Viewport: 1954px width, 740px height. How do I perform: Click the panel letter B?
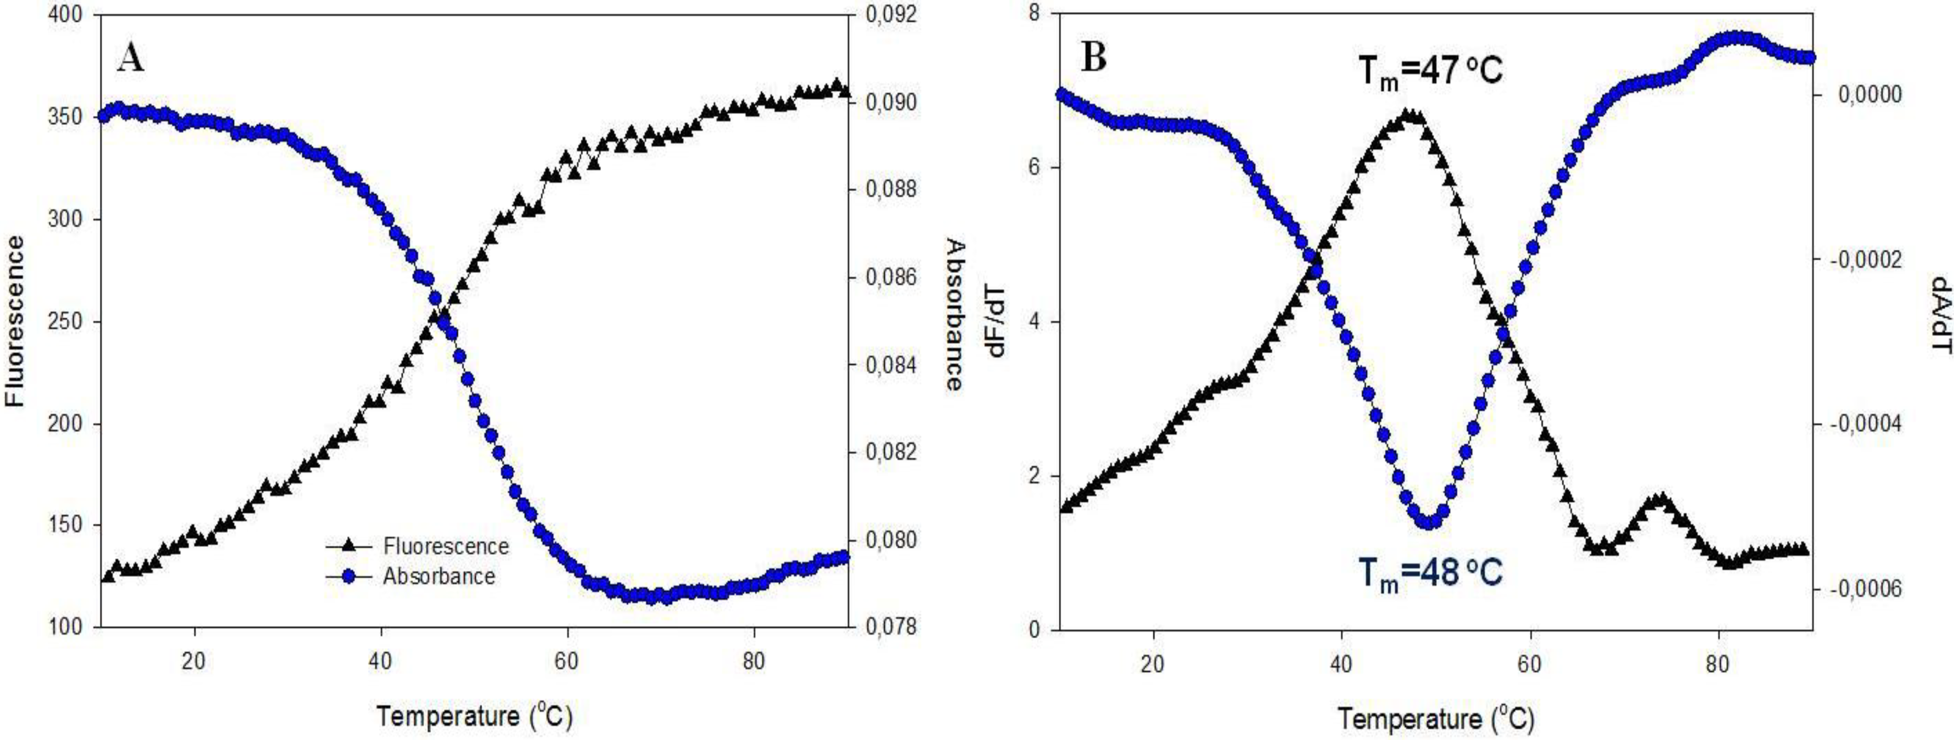[x=1093, y=58]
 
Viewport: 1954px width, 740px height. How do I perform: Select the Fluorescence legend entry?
[x=445, y=546]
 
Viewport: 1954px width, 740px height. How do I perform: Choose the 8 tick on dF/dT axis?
[x=1033, y=13]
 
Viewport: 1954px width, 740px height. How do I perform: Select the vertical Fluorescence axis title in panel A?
[x=15, y=322]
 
